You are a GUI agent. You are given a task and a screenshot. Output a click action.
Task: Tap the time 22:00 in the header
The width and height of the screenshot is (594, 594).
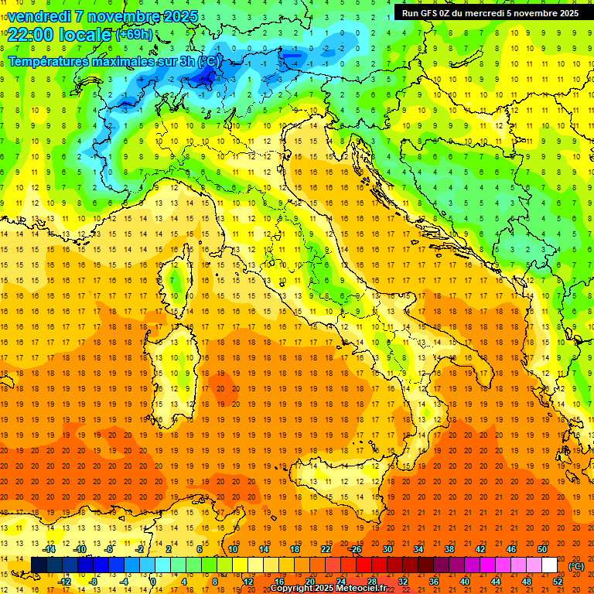[x=34, y=35]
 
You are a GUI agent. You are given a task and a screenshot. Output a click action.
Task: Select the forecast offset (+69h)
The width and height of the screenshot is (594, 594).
[x=134, y=35]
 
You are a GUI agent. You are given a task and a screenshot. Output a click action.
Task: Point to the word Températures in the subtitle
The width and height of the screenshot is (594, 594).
[x=53, y=60]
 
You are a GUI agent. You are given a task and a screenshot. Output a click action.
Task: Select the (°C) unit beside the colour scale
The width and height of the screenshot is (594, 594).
[x=575, y=566]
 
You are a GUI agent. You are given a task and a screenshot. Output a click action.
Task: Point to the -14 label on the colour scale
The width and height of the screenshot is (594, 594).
[x=49, y=549]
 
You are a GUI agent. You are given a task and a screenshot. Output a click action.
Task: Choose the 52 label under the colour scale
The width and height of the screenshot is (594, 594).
[x=558, y=582]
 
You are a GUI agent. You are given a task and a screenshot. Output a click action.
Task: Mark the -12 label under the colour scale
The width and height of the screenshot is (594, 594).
[x=65, y=582]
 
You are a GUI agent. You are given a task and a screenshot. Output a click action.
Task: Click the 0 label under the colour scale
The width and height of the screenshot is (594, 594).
[x=152, y=582]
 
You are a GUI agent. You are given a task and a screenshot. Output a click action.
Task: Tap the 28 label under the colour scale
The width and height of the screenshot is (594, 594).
[x=371, y=582]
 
